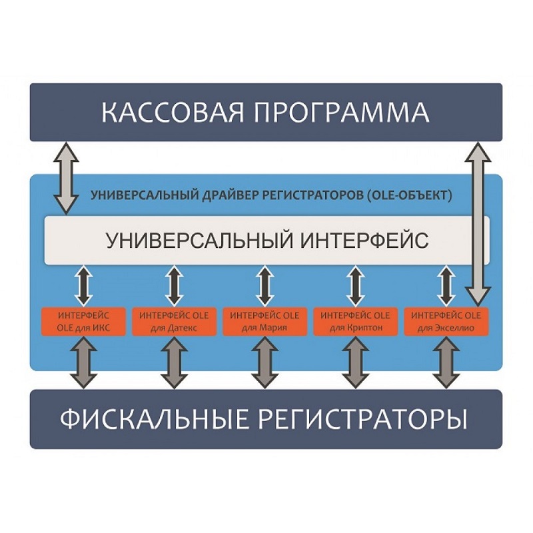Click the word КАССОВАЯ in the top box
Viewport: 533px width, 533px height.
pos(170,111)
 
